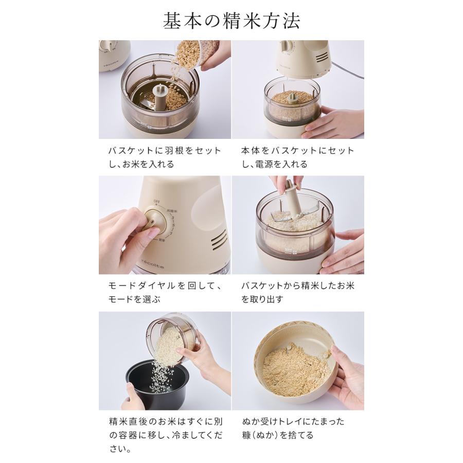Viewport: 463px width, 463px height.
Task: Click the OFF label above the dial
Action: (x=156, y=202)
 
